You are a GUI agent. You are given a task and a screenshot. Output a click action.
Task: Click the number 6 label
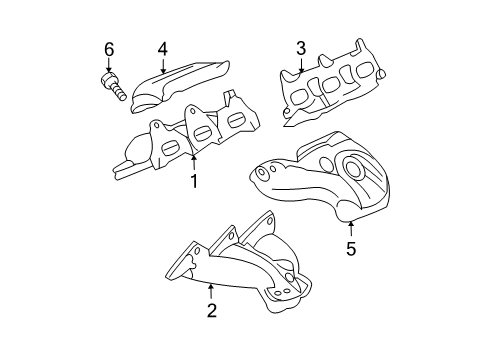coord(109,48)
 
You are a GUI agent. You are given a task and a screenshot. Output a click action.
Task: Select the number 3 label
coord(299,47)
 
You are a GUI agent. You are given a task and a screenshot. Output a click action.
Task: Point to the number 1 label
coord(194,181)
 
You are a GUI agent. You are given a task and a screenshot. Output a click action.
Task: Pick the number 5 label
coord(350,248)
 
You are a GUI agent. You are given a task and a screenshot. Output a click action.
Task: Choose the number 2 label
coord(211,310)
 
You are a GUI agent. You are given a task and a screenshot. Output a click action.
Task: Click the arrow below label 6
coord(109,64)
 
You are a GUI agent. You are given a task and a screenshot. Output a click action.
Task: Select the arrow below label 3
coord(299,65)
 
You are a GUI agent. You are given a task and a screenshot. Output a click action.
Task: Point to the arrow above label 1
coord(194,161)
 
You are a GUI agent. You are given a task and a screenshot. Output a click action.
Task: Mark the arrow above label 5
coord(350,229)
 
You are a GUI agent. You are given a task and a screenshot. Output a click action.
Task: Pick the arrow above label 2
coord(211,289)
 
